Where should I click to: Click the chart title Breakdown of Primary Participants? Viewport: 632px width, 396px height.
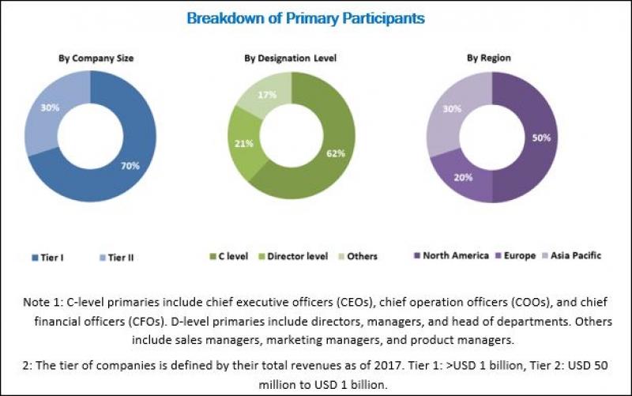pos(305,17)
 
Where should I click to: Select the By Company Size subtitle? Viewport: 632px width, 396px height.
pos(96,58)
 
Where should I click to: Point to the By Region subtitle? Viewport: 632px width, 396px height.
pos(488,58)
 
